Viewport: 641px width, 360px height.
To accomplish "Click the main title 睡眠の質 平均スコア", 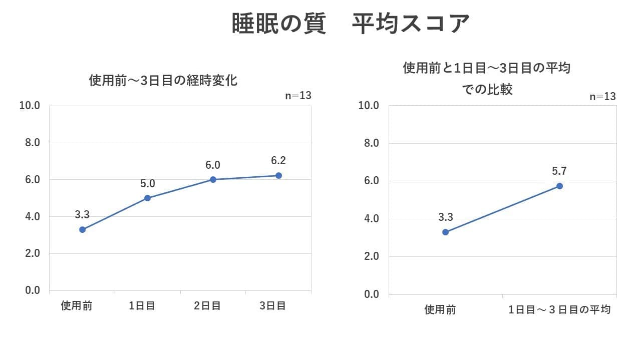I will [351, 24].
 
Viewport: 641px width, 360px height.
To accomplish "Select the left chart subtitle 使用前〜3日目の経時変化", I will [163, 80].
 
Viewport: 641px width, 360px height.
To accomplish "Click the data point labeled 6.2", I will [278, 175].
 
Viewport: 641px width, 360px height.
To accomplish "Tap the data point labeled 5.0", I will [147, 198].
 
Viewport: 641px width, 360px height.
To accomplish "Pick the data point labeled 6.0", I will [213, 179].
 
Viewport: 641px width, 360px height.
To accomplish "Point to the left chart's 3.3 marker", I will [82, 229].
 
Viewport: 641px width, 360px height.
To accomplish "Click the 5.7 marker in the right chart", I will [559, 186].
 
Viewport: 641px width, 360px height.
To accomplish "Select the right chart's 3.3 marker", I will [445, 232].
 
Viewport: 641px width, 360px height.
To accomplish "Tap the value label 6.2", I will [278, 161].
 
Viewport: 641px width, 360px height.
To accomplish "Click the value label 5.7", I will [559, 171].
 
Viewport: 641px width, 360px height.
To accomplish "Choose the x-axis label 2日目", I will [207, 305].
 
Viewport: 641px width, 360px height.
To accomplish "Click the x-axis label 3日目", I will [272, 305].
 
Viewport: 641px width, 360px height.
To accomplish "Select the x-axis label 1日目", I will [142, 305].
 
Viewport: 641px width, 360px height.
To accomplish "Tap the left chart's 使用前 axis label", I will [77, 305].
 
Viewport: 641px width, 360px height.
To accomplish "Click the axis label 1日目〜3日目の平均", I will [559, 309].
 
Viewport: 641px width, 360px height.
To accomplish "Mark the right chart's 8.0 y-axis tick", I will [370, 143].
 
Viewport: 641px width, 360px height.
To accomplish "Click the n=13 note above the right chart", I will [602, 97].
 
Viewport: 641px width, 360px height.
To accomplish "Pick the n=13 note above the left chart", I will [298, 95].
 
